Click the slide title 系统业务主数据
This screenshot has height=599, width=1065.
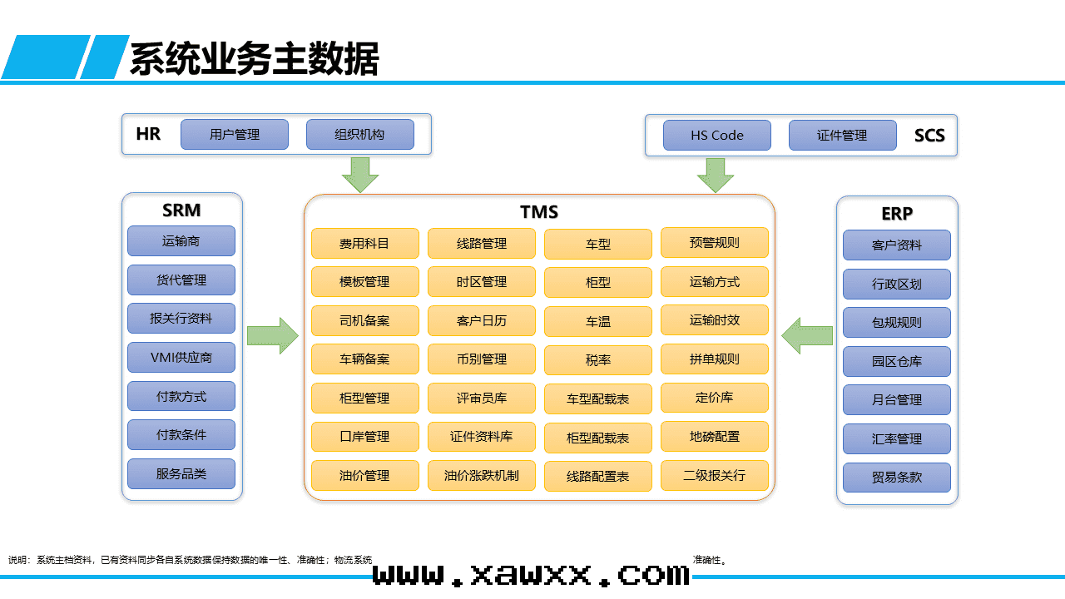click(x=254, y=59)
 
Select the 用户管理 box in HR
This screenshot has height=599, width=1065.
click(x=235, y=135)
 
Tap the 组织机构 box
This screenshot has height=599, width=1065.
click(x=359, y=135)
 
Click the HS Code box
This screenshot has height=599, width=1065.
click(x=716, y=136)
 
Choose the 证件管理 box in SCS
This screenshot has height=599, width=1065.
click(x=842, y=136)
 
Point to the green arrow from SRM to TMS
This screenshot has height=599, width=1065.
click(x=273, y=336)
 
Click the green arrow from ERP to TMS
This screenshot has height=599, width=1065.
click(x=807, y=336)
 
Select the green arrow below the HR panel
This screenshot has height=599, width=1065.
click(x=360, y=175)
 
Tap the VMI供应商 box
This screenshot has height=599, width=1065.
click(x=181, y=358)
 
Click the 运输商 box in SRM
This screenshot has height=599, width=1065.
click(x=181, y=241)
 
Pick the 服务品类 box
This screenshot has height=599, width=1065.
click(x=181, y=474)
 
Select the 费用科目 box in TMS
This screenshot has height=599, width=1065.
click(x=364, y=244)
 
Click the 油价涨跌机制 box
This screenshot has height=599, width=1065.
click(x=481, y=476)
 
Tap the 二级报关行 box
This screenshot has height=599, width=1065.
click(x=714, y=476)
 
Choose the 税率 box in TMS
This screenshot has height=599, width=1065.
click(x=597, y=360)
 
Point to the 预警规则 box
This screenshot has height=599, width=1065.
click(x=714, y=243)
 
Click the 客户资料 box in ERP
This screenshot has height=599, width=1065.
click(x=896, y=245)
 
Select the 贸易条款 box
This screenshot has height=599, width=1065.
click(x=896, y=478)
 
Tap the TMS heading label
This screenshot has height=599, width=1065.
click(x=539, y=212)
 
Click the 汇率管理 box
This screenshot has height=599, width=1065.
click(x=896, y=438)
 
